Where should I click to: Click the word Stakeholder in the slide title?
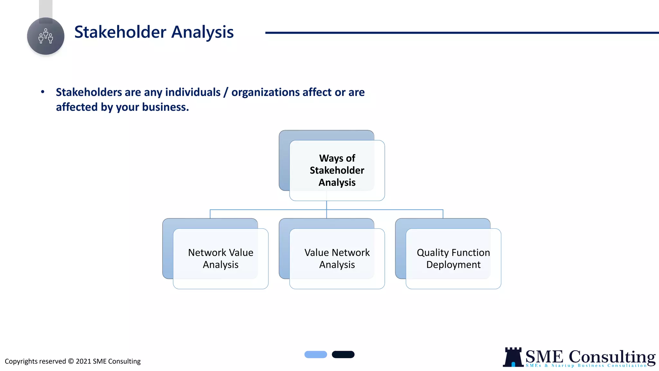(120, 32)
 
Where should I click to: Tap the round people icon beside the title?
(46, 36)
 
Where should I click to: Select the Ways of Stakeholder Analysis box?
(337, 170)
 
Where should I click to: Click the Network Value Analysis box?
(220, 259)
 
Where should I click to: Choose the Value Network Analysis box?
(337, 259)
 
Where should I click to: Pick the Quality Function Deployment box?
(453, 259)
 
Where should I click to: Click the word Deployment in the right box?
(453, 265)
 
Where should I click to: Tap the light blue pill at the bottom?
(316, 355)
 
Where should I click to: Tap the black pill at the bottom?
(343, 355)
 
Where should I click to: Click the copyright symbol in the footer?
(71, 361)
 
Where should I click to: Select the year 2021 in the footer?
(83, 361)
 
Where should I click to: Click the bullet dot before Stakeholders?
(42, 92)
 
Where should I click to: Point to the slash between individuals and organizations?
(226, 92)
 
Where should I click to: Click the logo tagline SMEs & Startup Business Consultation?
(586, 366)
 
